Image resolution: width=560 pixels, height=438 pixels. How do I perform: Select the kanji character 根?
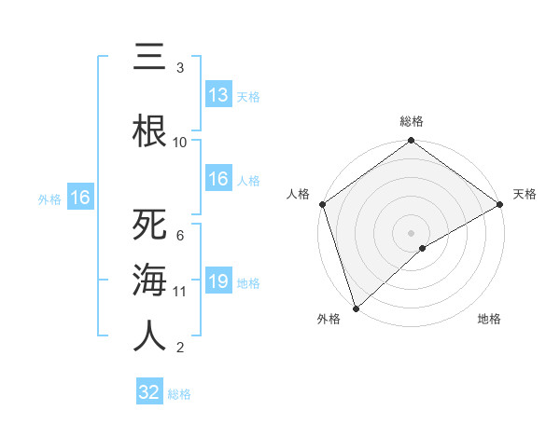[149, 130]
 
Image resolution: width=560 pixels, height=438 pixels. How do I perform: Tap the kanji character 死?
[149, 226]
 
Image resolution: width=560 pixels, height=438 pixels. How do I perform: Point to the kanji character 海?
[149, 281]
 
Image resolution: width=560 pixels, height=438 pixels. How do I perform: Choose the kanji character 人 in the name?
[149, 335]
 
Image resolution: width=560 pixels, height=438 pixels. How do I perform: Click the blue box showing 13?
[218, 95]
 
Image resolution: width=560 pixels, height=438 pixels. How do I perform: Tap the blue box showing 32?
[149, 392]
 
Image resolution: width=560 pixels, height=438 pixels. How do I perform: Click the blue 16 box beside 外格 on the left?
[80, 198]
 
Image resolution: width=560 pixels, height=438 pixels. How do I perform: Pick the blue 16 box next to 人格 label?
[218, 180]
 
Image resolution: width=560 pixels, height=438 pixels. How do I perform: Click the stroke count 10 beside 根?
[180, 143]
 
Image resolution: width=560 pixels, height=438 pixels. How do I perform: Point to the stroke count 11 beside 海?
[180, 292]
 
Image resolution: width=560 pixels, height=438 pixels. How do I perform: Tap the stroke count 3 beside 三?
[180, 68]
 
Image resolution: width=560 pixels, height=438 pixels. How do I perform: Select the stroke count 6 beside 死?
[180, 236]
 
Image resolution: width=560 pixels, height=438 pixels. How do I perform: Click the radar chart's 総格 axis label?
[412, 121]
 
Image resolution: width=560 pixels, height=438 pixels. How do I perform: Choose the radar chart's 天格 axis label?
[525, 194]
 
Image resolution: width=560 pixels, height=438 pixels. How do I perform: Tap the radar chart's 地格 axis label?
[489, 319]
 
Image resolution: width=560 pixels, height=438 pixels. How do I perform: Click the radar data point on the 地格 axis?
[423, 248]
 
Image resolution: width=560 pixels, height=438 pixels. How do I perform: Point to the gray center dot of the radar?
[411, 232]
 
